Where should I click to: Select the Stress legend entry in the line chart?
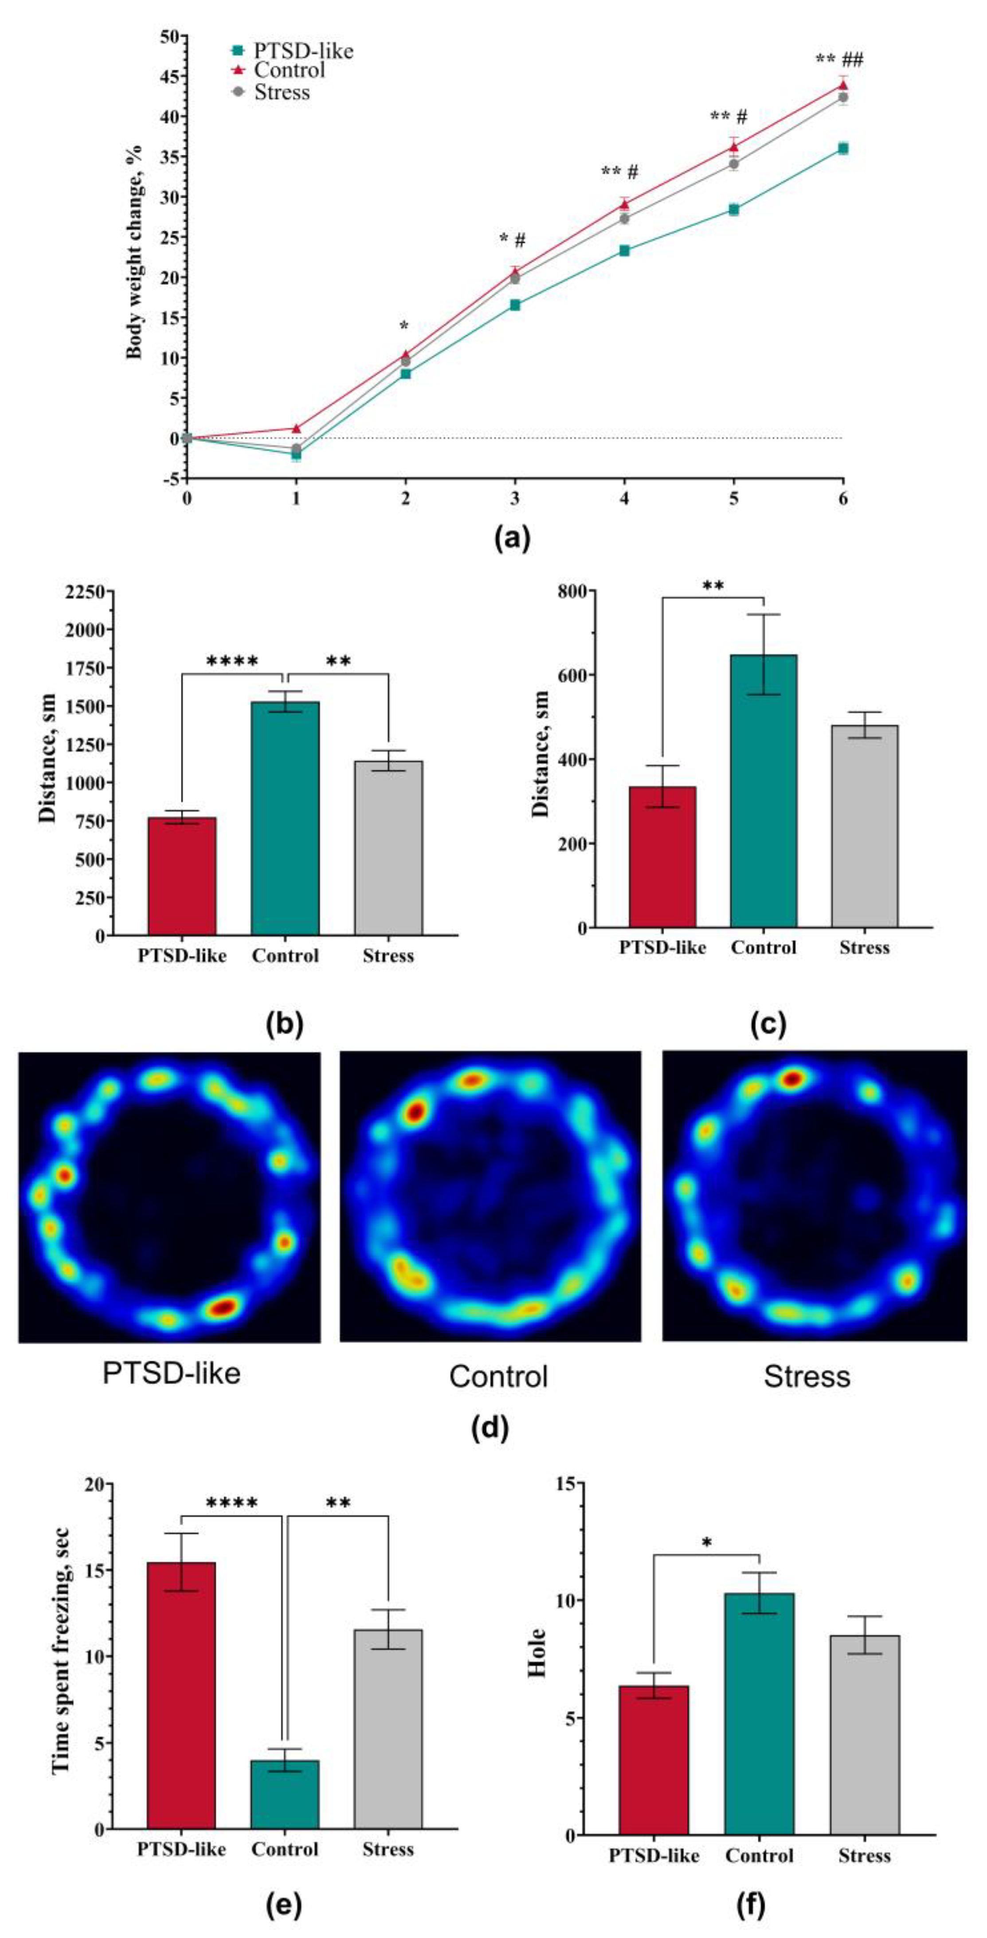tap(282, 93)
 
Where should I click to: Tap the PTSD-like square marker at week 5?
tap(733, 210)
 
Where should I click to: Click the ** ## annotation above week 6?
tap(839, 60)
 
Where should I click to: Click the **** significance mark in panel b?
tap(232, 662)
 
